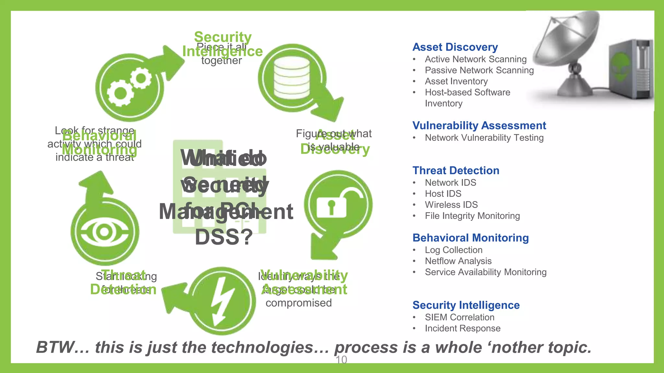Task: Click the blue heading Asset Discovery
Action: [455, 47]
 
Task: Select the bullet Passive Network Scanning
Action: [479, 70]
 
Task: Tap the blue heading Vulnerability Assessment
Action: [479, 126]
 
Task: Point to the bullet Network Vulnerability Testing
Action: [484, 138]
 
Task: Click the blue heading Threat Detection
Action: [456, 171]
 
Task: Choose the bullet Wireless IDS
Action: [451, 205]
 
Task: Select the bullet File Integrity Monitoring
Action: [472, 216]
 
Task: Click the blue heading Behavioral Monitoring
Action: [470, 238]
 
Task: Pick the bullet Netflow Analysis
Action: [458, 261]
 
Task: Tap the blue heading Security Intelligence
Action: [466, 305]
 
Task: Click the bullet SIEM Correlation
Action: [459, 317]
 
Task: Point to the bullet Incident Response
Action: [462, 328]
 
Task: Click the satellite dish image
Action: [571, 52]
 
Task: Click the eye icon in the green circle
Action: [104, 232]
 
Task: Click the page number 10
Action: [341, 360]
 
